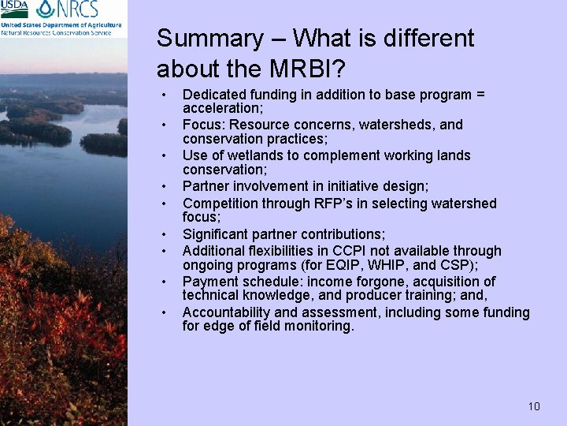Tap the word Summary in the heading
point(209,39)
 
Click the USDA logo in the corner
point(15,9)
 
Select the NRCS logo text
point(78,9)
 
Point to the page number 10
point(534,406)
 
